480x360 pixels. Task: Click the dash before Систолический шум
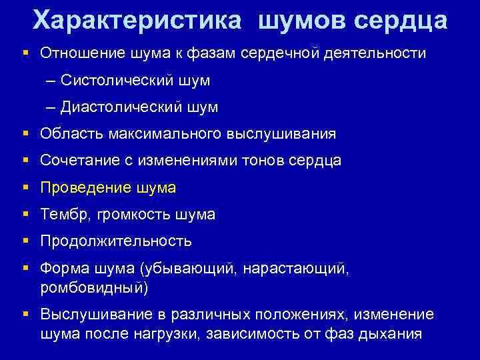click(x=52, y=80)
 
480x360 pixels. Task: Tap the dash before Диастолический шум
click(x=52, y=107)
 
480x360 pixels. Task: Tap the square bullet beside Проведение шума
click(x=26, y=188)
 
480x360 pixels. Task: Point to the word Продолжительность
click(x=116, y=241)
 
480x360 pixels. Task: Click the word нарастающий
click(x=294, y=269)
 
